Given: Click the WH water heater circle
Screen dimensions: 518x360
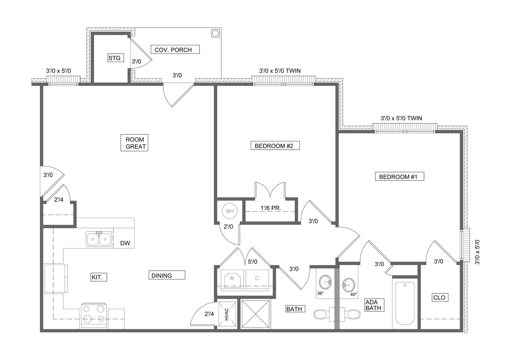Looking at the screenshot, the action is click(x=230, y=211).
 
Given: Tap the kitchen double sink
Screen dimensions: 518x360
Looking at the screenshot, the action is click(x=99, y=239).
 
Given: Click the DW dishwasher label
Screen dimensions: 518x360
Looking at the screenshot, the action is click(x=125, y=243).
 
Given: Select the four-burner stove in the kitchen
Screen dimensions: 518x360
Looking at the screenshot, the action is click(x=93, y=316).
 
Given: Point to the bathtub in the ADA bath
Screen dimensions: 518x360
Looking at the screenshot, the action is click(x=405, y=303).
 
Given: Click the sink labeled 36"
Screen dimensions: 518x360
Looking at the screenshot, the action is click(x=325, y=282).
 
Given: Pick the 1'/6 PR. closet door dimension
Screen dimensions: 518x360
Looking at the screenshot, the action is click(x=270, y=208).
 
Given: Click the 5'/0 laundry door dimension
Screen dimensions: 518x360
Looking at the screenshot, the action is click(x=253, y=262).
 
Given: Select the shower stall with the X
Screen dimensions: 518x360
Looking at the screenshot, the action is click(x=256, y=314).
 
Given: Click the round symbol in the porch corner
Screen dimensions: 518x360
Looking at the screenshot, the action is click(x=215, y=34).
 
